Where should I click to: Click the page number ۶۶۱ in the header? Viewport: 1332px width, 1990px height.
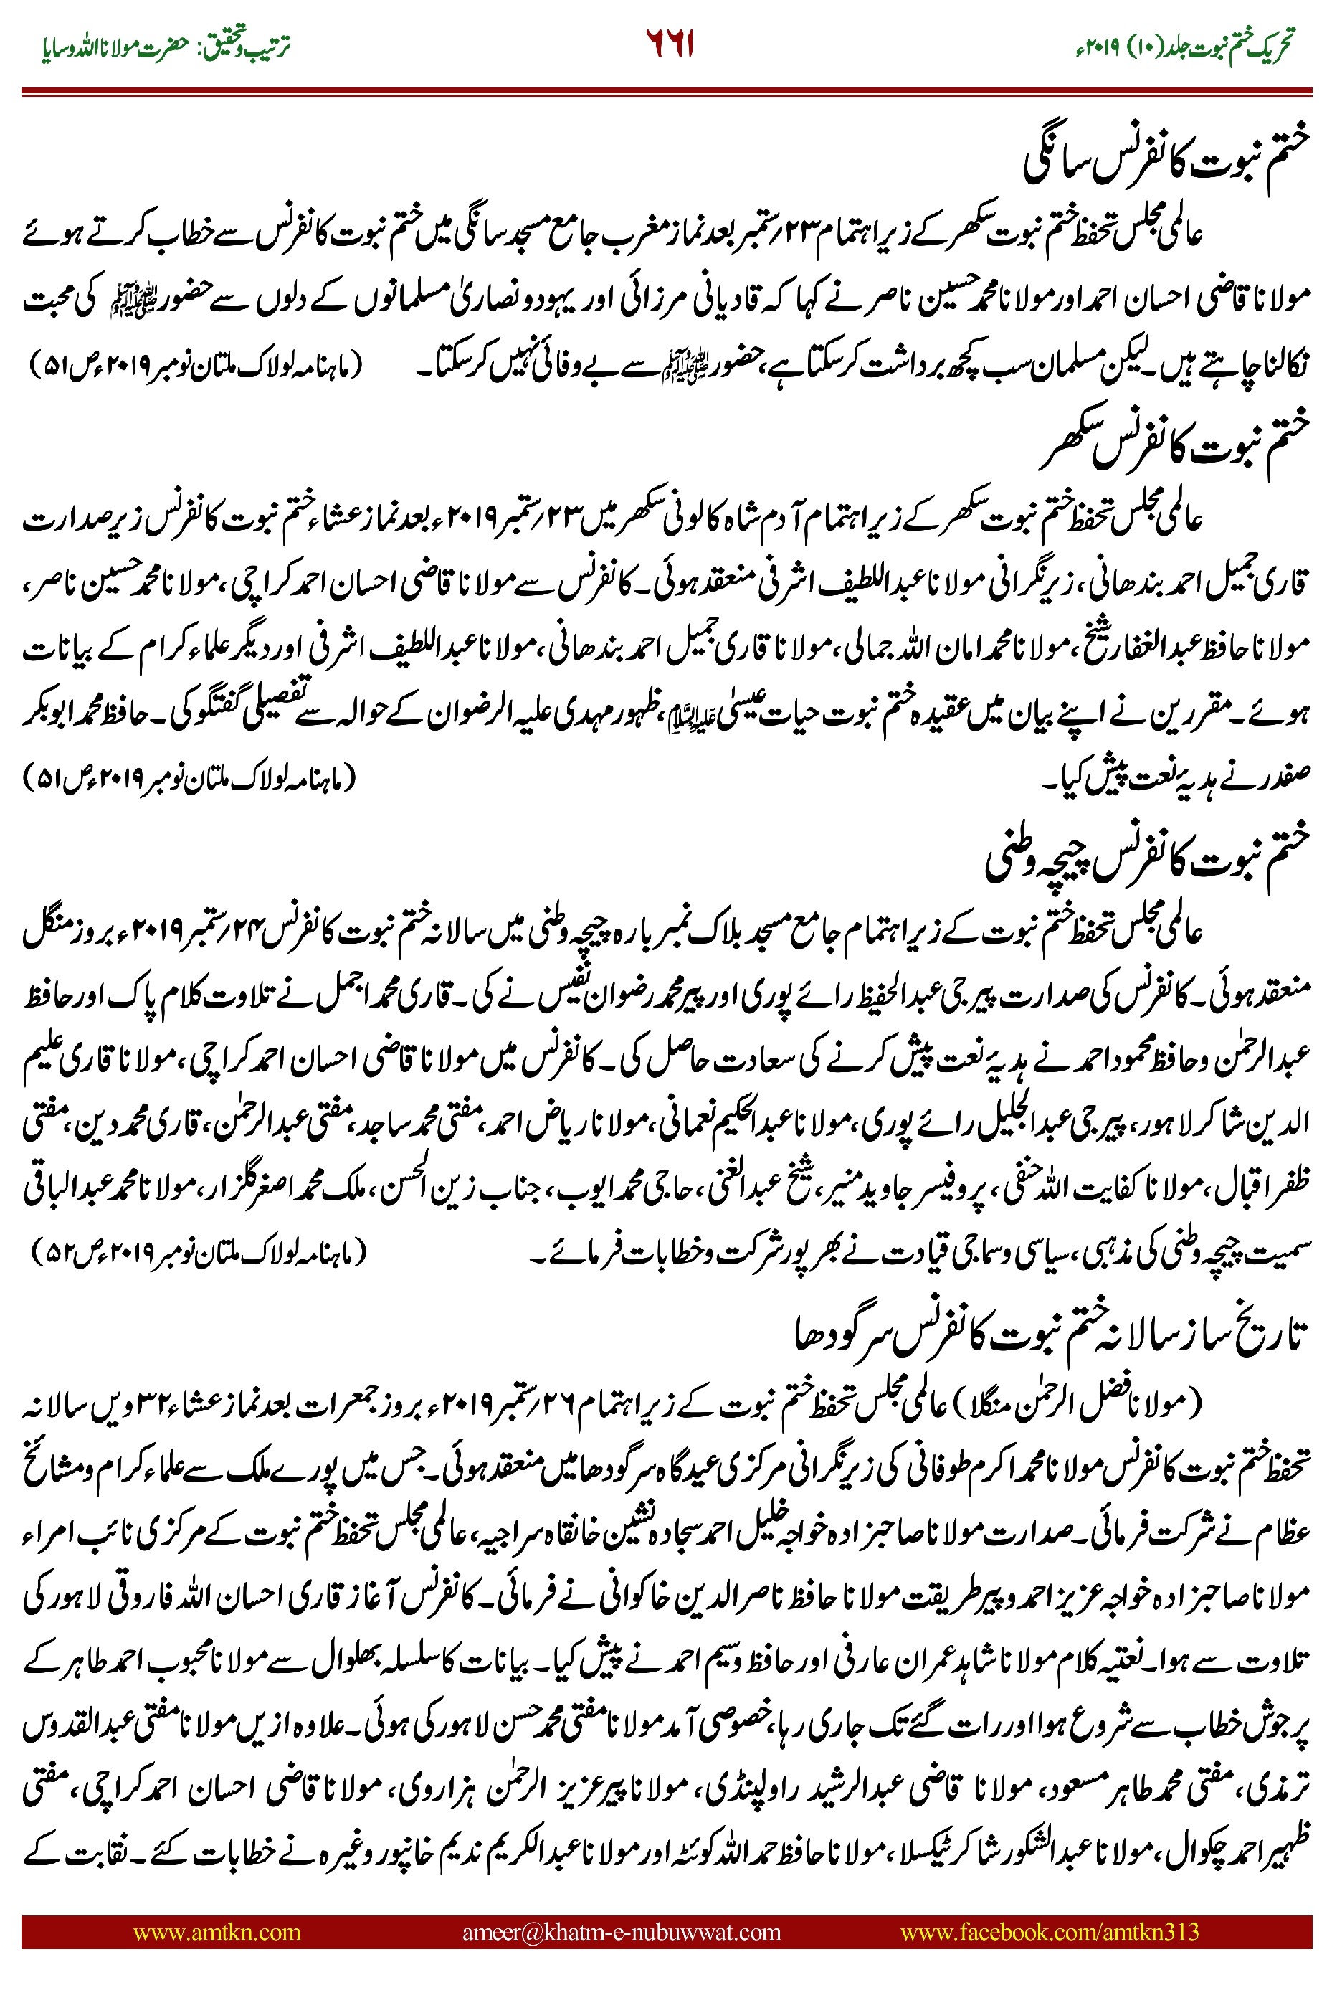point(670,44)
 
